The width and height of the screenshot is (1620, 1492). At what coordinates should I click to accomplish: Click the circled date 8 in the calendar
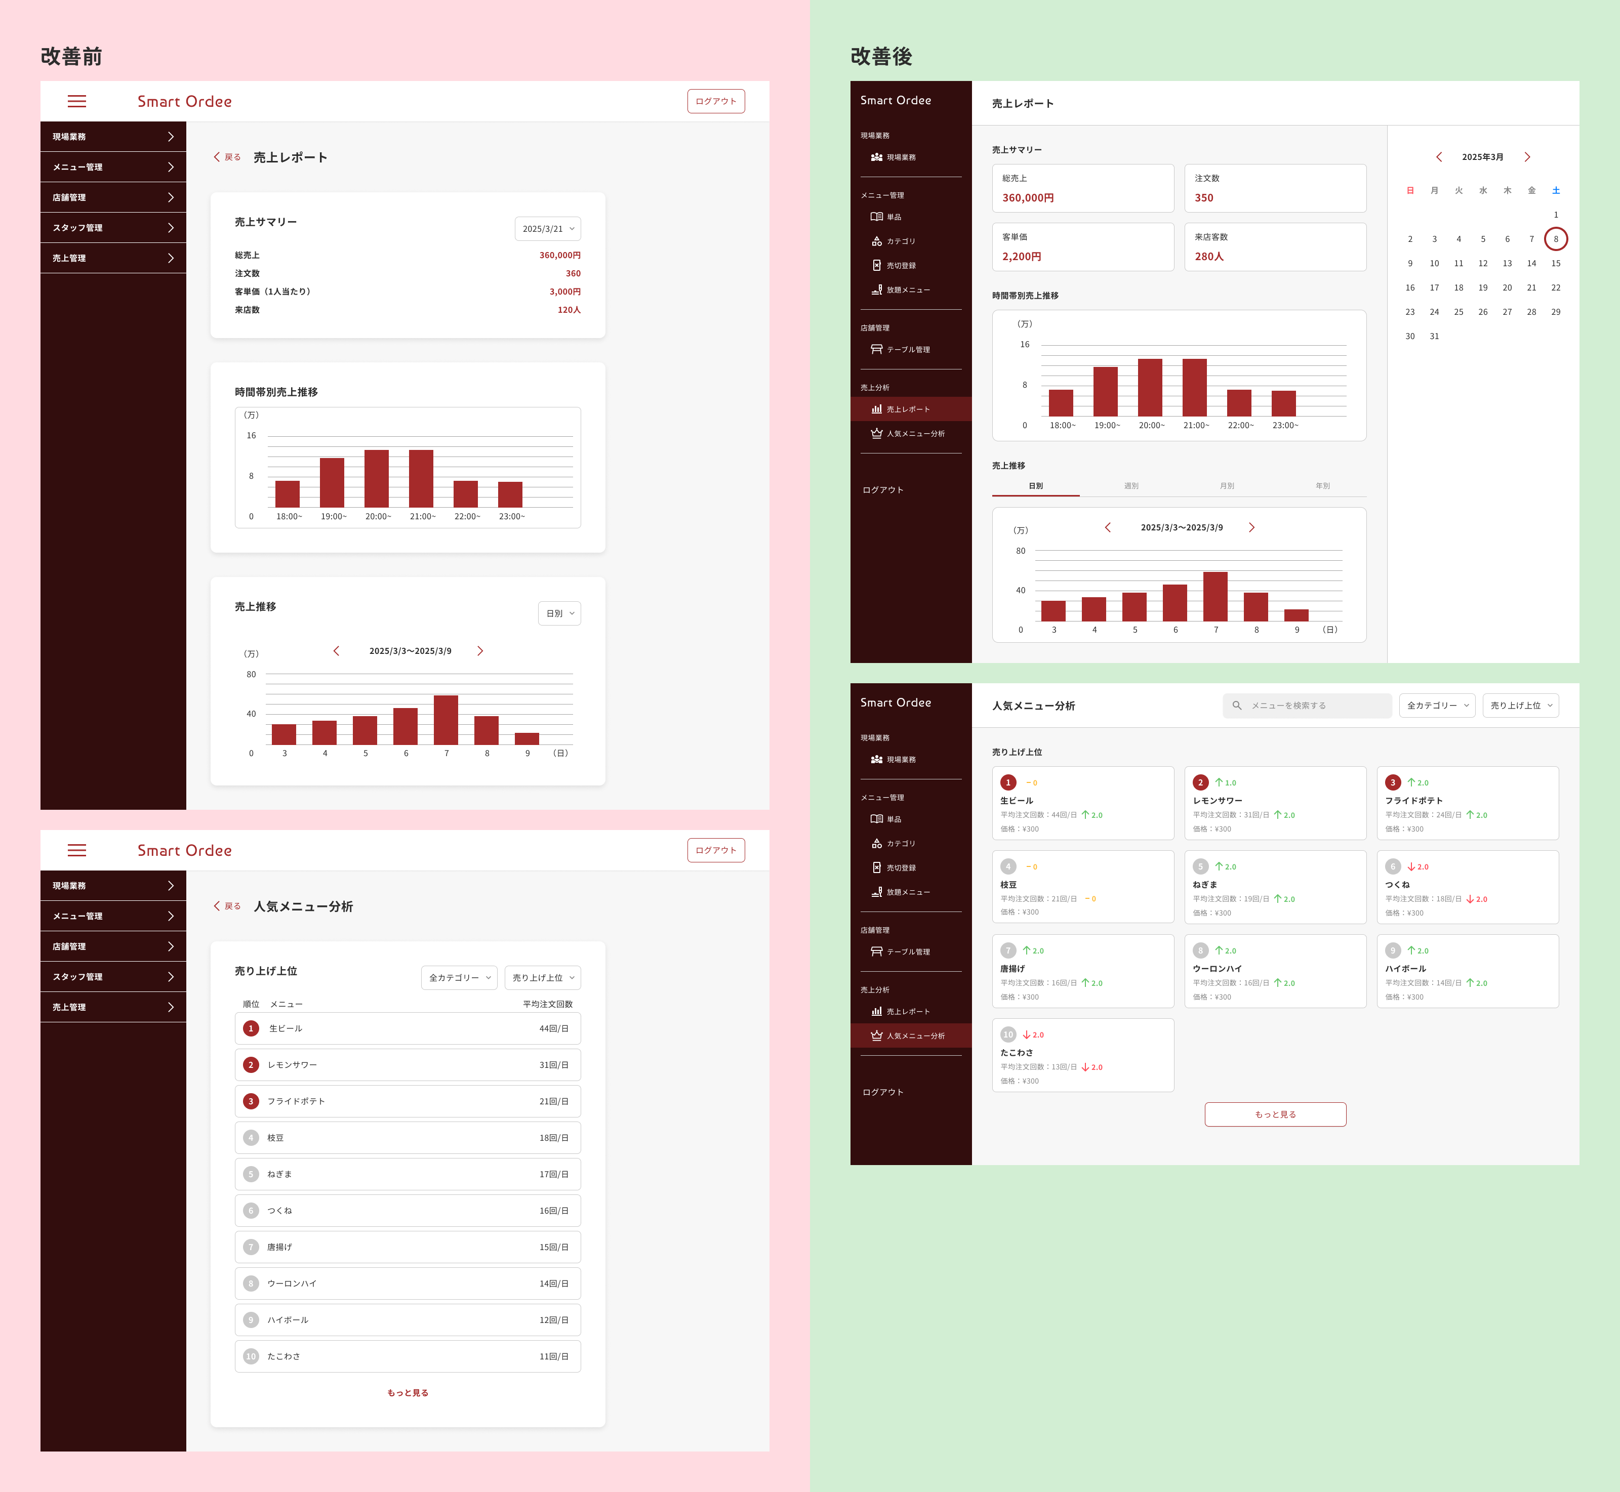click(1555, 239)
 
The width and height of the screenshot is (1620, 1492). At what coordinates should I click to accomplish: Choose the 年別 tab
click(1322, 486)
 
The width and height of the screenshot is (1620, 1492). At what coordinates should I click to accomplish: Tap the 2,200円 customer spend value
click(1022, 257)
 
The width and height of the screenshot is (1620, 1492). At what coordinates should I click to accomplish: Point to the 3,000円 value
click(564, 292)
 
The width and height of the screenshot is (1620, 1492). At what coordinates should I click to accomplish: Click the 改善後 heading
click(881, 57)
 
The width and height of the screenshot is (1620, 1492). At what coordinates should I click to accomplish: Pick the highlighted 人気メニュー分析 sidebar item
click(915, 1036)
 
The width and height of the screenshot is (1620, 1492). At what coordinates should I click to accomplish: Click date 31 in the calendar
click(1434, 337)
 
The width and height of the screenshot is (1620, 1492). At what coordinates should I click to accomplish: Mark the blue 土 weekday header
click(1555, 190)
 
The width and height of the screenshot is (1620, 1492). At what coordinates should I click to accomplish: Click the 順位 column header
click(251, 1004)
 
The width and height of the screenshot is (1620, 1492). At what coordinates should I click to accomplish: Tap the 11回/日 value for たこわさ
click(553, 1356)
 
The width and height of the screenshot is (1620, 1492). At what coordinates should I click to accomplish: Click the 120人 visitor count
click(569, 310)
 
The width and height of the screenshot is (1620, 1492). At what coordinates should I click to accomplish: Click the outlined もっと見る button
click(1275, 1114)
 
